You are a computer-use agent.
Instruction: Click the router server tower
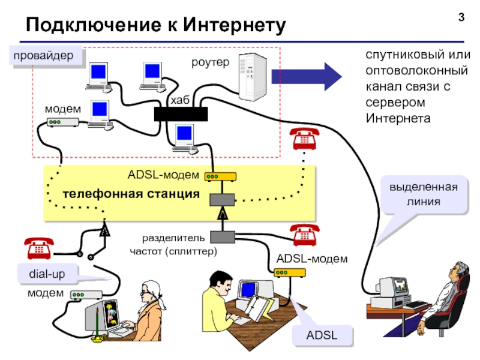point(250,77)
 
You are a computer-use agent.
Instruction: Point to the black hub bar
point(181,114)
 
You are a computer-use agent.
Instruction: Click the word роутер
point(210,62)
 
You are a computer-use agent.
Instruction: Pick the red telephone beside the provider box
point(304,140)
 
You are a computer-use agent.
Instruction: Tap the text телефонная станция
point(131,194)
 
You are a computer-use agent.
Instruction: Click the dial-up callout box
point(47,274)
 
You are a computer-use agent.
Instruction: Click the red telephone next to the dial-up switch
point(39,247)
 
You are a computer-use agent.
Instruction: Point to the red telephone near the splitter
point(304,235)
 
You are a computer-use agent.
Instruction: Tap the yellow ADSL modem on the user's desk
point(290,272)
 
